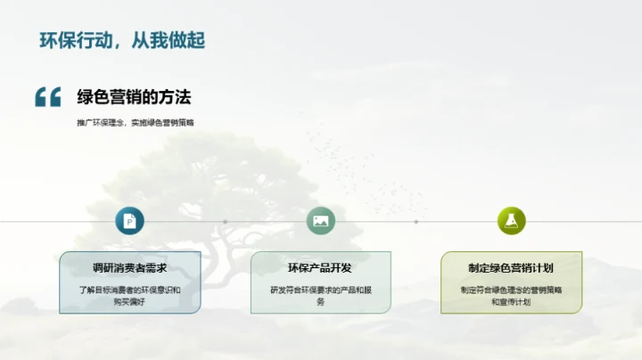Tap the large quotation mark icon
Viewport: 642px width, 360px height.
[47, 97]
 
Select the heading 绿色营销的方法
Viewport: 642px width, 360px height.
[134, 96]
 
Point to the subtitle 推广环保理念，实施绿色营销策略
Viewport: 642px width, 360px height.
[135, 122]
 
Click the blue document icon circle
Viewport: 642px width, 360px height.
[129, 221]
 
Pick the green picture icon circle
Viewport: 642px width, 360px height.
[320, 221]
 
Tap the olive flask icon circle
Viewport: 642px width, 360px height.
[511, 221]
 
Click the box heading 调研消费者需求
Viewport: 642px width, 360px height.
[129, 267]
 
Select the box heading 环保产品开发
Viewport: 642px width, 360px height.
[320, 267]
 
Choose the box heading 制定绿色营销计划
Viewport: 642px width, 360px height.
[511, 267]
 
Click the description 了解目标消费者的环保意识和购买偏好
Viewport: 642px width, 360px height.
[129, 296]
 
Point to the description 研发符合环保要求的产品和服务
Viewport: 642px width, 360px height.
[320, 296]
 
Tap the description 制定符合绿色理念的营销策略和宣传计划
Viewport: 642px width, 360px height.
[511, 296]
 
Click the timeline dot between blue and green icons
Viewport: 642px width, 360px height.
[225, 222]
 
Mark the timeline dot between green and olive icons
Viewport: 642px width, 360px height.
[416, 222]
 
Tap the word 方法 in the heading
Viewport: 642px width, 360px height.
[176, 96]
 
